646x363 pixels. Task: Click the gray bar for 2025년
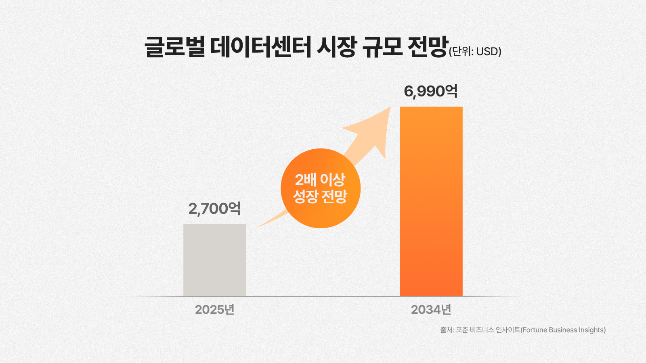(214, 260)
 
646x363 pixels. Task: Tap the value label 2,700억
(214, 209)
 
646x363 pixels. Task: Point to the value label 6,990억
(430, 91)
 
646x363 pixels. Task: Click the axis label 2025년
(214, 310)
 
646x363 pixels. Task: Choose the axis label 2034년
(431, 310)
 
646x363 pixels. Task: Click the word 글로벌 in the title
(175, 47)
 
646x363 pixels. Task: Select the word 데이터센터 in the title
(261, 47)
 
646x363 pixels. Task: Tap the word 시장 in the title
(336, 47)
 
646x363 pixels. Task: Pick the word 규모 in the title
(382, 47)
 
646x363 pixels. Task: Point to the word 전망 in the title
(428, 47)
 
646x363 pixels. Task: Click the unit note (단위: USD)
(475, 52)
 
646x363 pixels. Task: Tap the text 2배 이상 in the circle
(320, 179)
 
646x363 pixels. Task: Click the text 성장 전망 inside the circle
(320, 196)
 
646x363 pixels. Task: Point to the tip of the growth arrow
(390, 107)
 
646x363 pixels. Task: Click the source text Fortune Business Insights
(564, 330)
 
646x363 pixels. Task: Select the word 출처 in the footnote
(446, 330)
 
